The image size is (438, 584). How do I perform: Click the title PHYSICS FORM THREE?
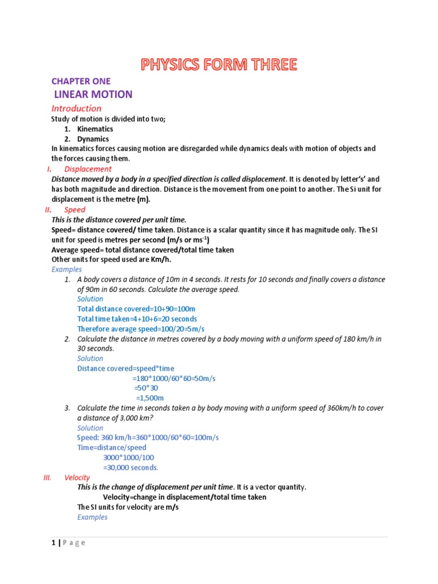pos(219,64)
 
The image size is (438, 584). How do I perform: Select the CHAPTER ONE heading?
pos(81,81)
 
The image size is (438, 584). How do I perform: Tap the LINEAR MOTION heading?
pos(93,94)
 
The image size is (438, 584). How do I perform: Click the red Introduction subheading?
pos(76,108)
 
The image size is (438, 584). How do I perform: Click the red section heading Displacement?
pos(88,169)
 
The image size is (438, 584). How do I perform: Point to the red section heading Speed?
pos(75,210)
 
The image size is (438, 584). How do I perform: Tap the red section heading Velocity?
pos(77,477)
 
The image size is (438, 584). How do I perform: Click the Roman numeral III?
pos(48,477)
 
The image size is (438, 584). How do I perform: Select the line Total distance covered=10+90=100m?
pos(132,309)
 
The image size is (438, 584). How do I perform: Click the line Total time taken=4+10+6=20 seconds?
pos(137,319)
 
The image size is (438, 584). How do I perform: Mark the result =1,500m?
pos(149,398)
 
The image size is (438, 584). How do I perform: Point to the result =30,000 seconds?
pos(131,468)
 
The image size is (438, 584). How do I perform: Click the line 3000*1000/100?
pos(128,457)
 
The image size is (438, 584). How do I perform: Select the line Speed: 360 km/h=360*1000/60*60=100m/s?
pos(148,437)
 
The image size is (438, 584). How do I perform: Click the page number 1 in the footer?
pos(53,542)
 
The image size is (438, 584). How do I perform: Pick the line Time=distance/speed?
pos(112,448)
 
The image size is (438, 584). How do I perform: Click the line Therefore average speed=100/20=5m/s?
pos(141,329)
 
